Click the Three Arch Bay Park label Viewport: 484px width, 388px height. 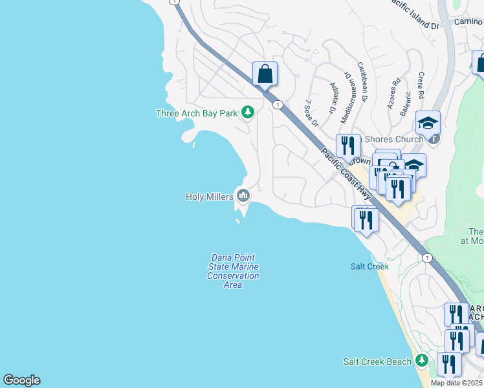(x=197, y=113)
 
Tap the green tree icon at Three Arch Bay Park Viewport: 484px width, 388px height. (x=247, y=113)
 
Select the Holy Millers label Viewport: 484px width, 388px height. (x=210, y=197)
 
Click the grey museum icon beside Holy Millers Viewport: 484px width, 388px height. (x=243, y=195)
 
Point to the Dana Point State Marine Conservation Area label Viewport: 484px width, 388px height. (x=233, y=271)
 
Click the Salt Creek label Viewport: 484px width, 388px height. (x=369, y=266)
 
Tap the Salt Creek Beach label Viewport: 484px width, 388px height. (x=377, y=361)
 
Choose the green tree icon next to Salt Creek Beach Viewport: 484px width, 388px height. (x=422, y=360)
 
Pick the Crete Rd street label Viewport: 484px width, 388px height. (x=421, y=85)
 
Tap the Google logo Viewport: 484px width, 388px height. (x=21, y=380)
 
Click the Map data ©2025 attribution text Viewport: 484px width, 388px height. (x=456, y=383)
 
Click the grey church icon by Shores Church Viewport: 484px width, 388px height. (x=435, y=138)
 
